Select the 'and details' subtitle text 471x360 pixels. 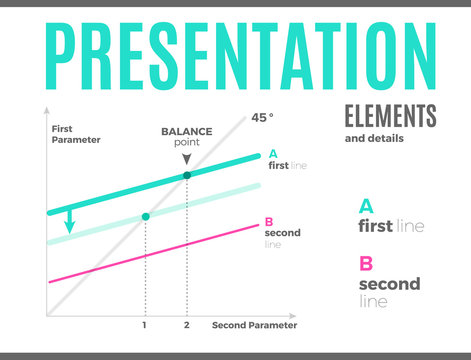374,138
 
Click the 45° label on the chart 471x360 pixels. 261,117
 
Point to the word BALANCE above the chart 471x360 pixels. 187,132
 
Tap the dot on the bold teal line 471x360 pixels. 187,176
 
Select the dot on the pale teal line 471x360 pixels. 146,216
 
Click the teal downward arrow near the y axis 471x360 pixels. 69,221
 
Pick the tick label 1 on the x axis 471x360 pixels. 146,326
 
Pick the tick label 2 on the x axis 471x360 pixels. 187,326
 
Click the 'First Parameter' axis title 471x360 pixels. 76,134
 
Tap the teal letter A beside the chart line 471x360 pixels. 272,154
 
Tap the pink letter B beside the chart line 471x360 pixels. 268,222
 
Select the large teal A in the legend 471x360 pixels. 366,206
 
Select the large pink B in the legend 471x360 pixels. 366,264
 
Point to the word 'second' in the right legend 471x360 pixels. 389,284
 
